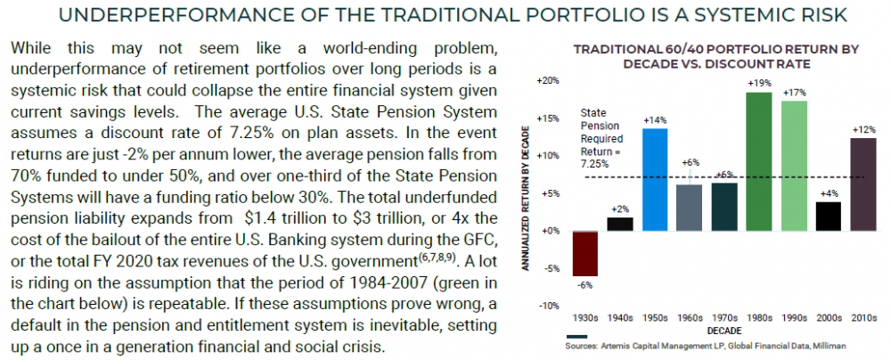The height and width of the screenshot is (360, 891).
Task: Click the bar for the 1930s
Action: click(584, 253)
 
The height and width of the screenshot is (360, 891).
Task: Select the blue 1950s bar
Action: click(655, 179)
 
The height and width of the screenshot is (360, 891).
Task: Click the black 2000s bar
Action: click(829, 216)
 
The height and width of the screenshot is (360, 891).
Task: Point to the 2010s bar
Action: click(862, 184)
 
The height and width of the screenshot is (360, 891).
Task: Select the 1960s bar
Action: click(690, 207)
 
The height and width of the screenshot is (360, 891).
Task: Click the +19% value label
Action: click(759, 83)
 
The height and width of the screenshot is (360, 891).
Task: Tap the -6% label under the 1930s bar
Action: click(584, 285)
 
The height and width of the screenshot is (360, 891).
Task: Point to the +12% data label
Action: click(863, 130)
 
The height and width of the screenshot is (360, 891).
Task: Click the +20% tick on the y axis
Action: click(547, 80)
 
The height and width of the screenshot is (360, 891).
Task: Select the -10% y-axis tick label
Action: click(549, 306)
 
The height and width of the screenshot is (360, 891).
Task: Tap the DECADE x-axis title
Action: click(723, 329)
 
